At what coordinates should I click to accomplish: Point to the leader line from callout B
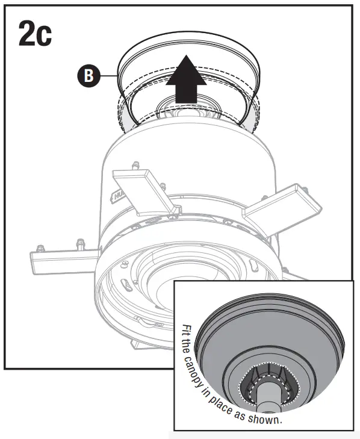click(x=108, y=76)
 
